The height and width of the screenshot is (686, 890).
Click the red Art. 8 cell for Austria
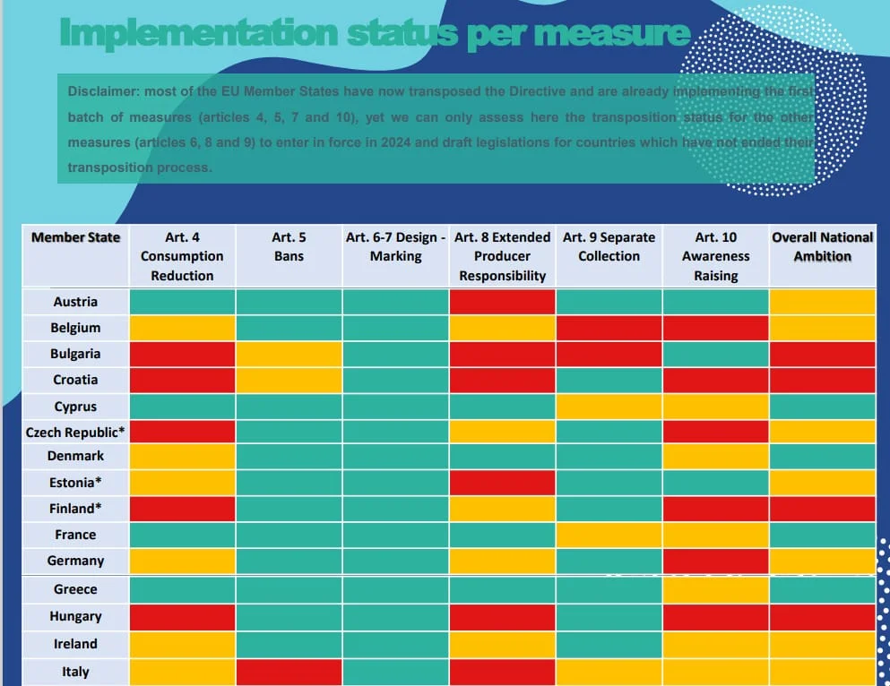click(x=502, y=302)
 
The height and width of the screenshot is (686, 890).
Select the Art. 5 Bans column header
click(x=289, y=246)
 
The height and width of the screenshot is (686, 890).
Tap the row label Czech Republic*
click(x=75, y=433)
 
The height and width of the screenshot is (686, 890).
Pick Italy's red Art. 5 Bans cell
click(x=289, y=672)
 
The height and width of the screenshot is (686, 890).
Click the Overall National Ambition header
click(x=823, y=246)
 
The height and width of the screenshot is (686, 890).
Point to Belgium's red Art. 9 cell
click(x=609, y=328)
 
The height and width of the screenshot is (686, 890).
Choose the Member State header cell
click(x=75, y=237)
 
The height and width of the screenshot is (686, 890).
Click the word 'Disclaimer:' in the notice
click(x=103, y=91)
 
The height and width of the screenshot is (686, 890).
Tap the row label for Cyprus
click(x=75, y=407)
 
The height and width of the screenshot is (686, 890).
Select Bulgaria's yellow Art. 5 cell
click(x=289, y=354)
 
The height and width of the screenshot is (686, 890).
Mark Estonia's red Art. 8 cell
click(x=502, y=483)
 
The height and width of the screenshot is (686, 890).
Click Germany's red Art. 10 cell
click(x=716, y=561)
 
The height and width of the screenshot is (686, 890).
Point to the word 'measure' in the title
click(x=612, y=33)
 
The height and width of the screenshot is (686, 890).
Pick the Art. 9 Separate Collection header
click(x=609, y=246)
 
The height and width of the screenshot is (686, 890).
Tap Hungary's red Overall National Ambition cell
click(x=823, y=617)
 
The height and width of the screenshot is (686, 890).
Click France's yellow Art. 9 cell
click(x=609, y=535)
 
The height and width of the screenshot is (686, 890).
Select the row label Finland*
click(x=75, y=509)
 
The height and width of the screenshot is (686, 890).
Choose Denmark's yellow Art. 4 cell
click(x=182, y=457)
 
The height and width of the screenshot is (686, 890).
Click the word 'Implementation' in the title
click(x=199, y=34)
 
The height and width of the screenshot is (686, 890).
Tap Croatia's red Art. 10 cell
click(x=716, y=380)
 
